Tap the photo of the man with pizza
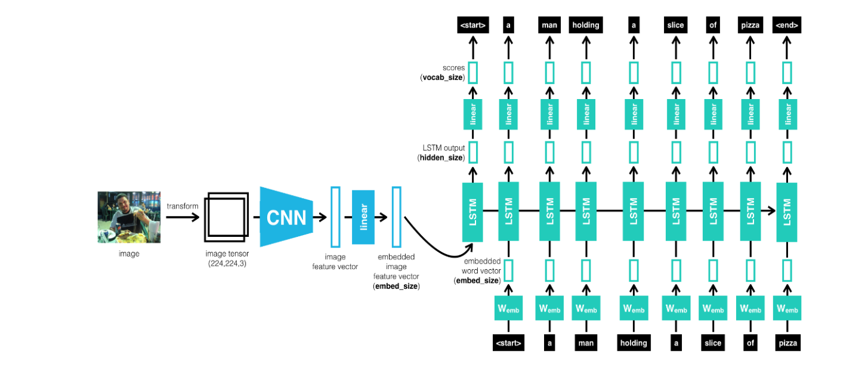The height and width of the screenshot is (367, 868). pos(129,217)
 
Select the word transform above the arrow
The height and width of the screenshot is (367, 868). pos(183,206)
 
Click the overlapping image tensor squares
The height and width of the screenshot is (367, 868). pos(226,217)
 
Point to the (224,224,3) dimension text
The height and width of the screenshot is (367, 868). pos(226,263)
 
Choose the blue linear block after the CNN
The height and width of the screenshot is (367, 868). pos(363,217)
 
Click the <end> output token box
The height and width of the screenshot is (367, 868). pos(786,25)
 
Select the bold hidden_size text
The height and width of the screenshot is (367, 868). pos(440,158)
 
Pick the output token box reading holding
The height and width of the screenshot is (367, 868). pos(586,25)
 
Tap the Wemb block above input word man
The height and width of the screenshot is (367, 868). pos(586,309)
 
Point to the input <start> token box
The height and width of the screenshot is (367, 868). pos(508,343)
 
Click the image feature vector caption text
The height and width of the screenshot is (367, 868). pos(335,262)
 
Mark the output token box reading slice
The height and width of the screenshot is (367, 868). pos(675,25)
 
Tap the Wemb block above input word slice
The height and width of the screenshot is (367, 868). pos(712,309)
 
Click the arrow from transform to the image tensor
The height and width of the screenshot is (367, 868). pos(183,217)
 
